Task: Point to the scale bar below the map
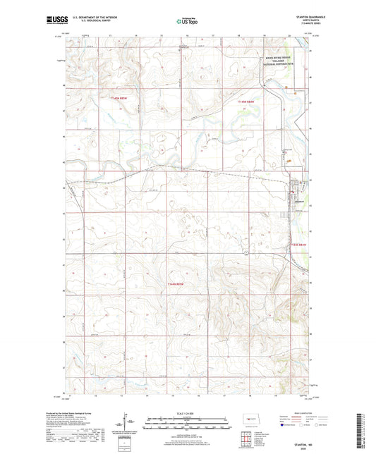[188, 424]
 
